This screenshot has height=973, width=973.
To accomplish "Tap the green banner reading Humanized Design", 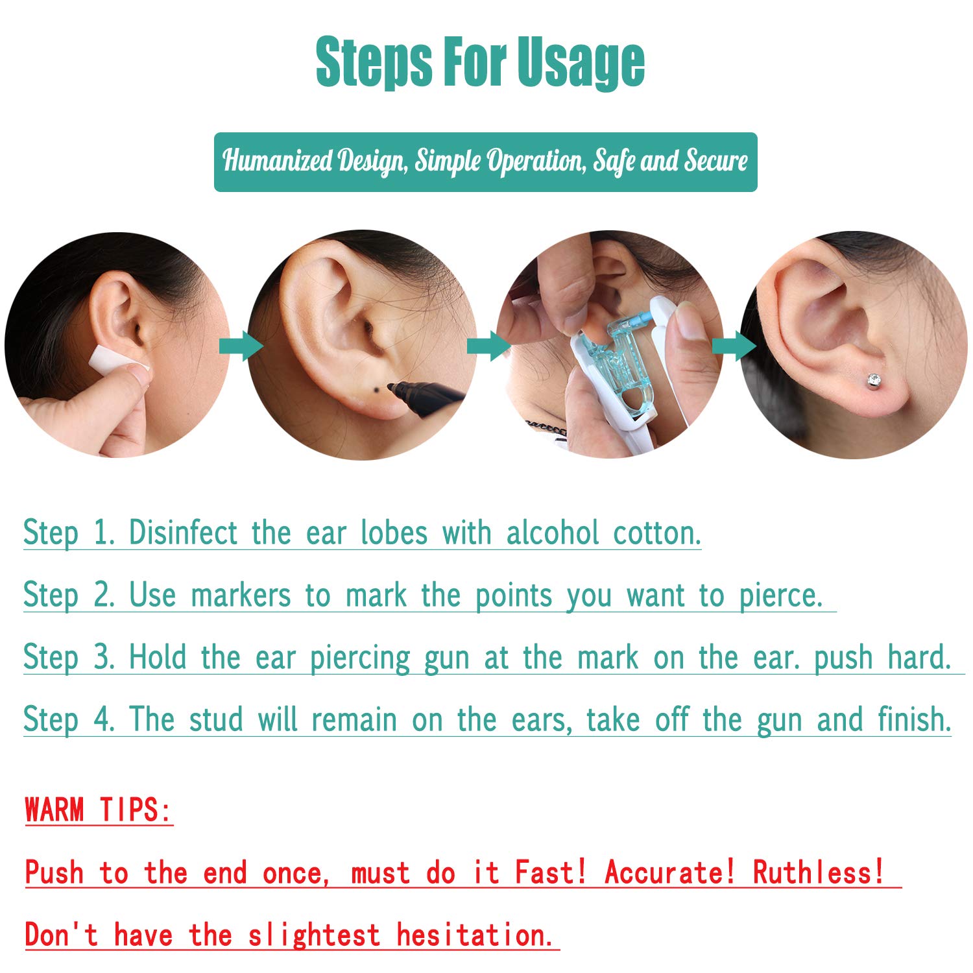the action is click(485, 162).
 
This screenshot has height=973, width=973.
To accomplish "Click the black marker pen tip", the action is click(392, 387).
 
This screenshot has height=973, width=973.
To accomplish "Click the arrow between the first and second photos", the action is click(241, 345).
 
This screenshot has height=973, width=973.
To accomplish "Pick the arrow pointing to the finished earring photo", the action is click(733, 345).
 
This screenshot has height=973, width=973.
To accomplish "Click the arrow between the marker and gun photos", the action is click(488, 345).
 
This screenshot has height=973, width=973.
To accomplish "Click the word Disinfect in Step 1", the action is click(183, 533).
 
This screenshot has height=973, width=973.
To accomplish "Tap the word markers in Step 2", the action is click(241, 595).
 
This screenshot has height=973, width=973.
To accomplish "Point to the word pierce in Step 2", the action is click(780, 595).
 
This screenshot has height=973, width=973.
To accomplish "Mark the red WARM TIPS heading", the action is click(99, 810).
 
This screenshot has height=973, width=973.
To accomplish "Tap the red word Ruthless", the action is click(819, 872).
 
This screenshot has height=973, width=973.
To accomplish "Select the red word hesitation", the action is click(475, 935).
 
